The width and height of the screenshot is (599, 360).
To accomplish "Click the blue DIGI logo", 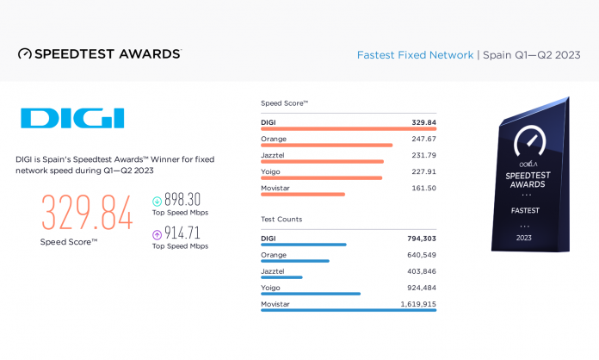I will coord(72,119).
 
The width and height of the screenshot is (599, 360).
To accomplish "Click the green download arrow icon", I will coord(157,201).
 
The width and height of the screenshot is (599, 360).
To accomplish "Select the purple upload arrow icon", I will coord(157,234).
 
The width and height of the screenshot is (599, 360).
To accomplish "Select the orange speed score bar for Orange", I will coord(326,146).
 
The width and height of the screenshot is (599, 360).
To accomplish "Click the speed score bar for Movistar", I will coord(302,194).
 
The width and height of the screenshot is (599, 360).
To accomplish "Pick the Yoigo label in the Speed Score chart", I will coord(271,171).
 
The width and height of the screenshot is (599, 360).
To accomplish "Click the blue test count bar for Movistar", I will coord(349,310).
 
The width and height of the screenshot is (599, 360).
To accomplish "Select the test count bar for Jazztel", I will coord(281,277).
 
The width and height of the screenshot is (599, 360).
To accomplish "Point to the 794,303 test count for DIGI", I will coord(422,238).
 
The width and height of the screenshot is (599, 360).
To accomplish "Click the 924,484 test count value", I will coord(420,287).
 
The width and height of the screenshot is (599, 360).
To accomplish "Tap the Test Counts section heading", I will coord(281,220).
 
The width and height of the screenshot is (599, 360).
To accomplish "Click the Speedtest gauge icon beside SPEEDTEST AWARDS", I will coord(25,53).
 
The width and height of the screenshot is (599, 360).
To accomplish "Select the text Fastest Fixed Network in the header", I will coord(415,55).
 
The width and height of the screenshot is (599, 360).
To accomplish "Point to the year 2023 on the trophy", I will coord(524,237).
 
